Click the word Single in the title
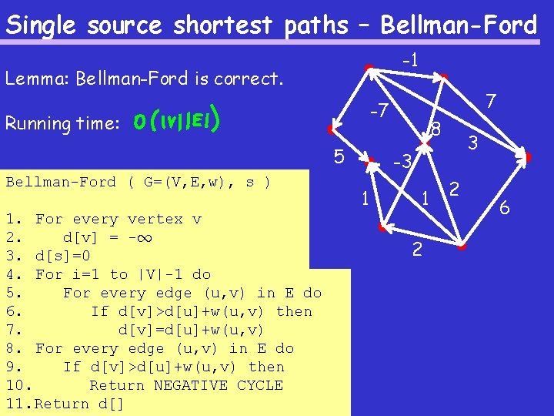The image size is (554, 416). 43,25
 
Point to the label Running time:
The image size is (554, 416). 61,123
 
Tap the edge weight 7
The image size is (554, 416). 492,100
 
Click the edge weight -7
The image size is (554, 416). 375,112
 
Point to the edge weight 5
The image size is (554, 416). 339,157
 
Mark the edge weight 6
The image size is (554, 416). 505,207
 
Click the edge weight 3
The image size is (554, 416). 473,143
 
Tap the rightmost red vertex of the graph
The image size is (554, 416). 527,158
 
